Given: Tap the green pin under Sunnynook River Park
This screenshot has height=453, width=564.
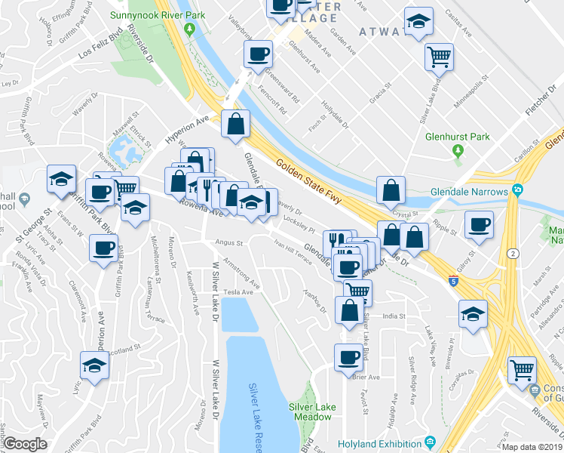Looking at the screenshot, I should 189,29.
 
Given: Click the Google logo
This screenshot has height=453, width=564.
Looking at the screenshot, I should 25,444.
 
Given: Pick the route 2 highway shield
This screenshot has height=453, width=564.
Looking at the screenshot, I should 513,253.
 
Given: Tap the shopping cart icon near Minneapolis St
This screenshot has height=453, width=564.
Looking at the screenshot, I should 439,55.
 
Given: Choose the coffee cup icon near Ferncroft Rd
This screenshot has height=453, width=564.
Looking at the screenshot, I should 258,54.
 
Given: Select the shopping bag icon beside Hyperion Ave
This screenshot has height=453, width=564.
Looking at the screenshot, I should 235,124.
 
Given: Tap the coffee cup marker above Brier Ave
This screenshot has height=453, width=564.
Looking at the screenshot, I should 348,356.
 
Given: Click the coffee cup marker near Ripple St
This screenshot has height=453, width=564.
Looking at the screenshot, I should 479,225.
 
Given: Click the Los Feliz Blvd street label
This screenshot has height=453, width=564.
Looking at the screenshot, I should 103,48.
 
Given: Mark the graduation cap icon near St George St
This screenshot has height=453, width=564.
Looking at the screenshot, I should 61,179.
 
